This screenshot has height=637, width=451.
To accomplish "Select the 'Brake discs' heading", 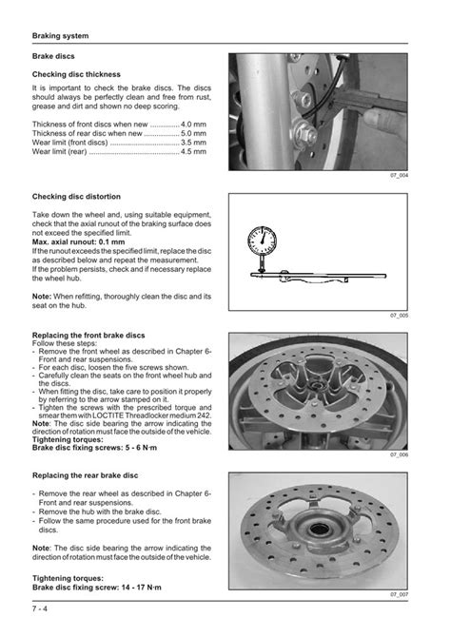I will pos(54,58).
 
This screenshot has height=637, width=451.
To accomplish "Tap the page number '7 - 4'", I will pos(45,609).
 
